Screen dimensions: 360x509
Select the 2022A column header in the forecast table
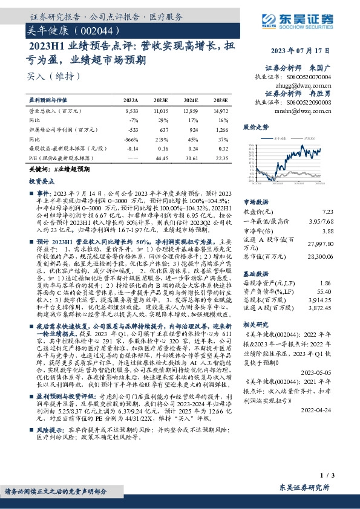pyautogui.click(x=131, y=100)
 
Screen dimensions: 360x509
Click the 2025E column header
pyautogui.click(x=221, y=100)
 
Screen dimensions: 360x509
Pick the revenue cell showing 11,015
pyautogui.click(x=160, y=112)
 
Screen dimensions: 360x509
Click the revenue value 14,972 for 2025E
pyautogui.click(x=220, y=112)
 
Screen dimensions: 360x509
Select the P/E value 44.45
pyautogui.click(x=161, y=157)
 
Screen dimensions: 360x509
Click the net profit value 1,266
pyautogui.click(x=221, y=129)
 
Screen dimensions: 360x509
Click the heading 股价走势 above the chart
pyautogui.click(x=256, y=128)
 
